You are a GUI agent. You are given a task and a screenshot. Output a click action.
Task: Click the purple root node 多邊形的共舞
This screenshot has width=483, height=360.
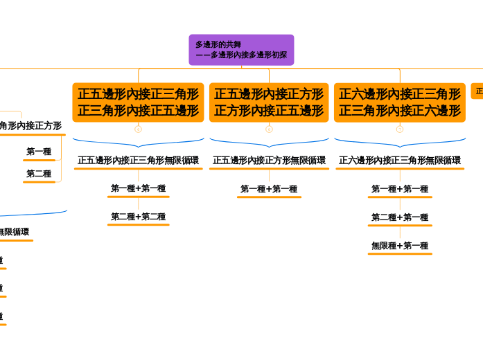(241, 50)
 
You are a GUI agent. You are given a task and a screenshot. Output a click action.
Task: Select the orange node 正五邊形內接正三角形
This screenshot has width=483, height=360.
(138, 102)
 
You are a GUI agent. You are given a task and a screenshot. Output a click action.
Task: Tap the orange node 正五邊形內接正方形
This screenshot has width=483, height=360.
(269, 102)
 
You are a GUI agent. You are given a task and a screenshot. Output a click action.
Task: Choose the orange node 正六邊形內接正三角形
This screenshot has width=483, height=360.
(400, 102)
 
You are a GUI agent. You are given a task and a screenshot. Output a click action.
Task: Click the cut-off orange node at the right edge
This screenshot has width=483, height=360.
(478, 91)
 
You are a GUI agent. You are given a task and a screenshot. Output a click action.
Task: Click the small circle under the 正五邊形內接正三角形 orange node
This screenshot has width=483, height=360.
(138, 129)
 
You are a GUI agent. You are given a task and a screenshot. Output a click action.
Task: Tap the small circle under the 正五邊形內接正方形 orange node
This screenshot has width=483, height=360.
(269, 129)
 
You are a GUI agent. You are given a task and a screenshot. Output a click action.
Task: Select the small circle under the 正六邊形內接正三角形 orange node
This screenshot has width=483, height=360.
(400, 129)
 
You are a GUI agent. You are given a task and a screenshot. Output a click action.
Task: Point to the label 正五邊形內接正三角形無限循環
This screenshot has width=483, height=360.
(138, 160)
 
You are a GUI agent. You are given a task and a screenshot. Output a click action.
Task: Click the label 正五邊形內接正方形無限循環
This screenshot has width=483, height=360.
(269, 160)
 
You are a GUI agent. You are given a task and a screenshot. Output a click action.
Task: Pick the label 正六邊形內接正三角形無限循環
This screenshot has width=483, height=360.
(400, 160)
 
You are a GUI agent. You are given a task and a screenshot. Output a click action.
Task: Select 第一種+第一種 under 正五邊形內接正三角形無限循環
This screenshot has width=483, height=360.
(138, 188)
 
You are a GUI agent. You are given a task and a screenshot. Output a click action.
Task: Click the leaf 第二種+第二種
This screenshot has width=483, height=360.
(138, 217)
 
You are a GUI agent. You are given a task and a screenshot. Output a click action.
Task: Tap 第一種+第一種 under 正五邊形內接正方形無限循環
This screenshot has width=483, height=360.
(269, 189)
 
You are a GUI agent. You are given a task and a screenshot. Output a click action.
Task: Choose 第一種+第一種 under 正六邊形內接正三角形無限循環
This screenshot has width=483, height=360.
(400, 189)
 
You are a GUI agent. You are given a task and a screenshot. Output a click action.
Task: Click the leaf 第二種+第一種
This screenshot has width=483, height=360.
(400, 217)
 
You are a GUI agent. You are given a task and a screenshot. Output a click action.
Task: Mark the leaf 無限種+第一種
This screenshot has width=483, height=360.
(400, 246)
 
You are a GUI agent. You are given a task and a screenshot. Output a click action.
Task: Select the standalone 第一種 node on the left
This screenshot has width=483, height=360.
(39, 152)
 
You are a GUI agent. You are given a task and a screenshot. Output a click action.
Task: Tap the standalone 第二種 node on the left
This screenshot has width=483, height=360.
(39, 174)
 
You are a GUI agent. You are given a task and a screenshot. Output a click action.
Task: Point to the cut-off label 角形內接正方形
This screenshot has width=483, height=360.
(30, 126)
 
